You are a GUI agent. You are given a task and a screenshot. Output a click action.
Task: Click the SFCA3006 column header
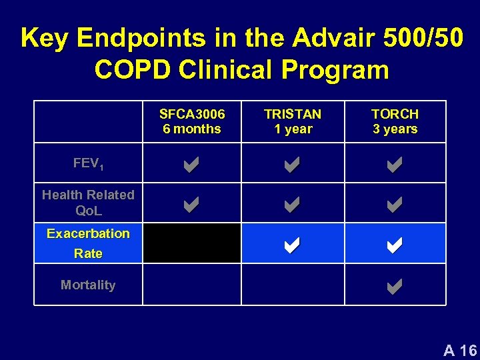click(x=192, y=121)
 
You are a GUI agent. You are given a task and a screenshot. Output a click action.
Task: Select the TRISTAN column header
click(x=293, y=121)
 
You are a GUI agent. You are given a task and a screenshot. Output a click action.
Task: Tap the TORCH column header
click(x=395, y=121)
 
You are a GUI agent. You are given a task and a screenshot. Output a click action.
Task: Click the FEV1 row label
click(x=88, y=163)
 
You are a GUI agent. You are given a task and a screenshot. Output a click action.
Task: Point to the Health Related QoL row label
click(x=88, y=203)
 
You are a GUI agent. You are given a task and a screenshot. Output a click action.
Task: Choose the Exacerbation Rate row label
click(x=88, y=243)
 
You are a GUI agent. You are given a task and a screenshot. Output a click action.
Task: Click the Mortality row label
click(x=88, y=285)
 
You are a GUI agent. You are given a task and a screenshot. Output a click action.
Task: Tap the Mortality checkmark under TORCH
click(x=394, y=287)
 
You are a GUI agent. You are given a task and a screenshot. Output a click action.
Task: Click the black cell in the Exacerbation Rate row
click(x=192, y=243)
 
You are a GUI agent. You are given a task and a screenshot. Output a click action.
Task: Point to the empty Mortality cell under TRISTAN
click(x=293, y=285)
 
